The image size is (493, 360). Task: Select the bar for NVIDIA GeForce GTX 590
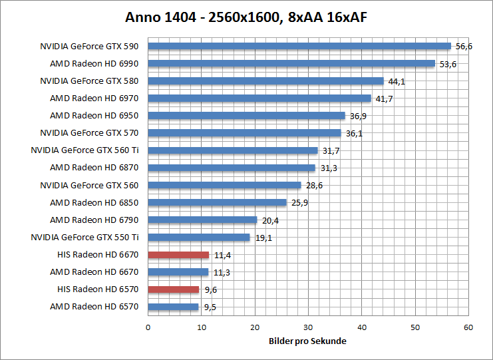(x=299, y=47)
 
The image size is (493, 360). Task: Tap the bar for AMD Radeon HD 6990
(x=291, y=64)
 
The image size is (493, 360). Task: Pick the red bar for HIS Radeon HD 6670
(x=178, y=255)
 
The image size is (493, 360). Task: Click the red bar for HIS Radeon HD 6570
(x=174, y=289)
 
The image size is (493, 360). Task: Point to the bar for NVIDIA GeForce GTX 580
(x=266, y=81)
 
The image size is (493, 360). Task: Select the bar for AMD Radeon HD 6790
(x=202, y=220)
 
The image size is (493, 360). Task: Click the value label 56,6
(x=464, y=47)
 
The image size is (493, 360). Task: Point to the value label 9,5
(x=211, y=307)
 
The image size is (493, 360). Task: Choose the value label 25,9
(x=299, y=203)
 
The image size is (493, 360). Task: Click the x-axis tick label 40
(x=361, y=327)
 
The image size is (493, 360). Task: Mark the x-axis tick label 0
(x=148, y=327)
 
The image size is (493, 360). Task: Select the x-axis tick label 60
(x=468, y=327)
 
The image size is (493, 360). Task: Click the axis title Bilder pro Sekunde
(x=308, y=341)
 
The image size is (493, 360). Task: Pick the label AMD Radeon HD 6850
(x=94, y=202)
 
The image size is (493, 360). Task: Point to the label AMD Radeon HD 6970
(x=94, y=98)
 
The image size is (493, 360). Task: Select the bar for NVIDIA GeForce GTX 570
(x=244, y=133)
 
